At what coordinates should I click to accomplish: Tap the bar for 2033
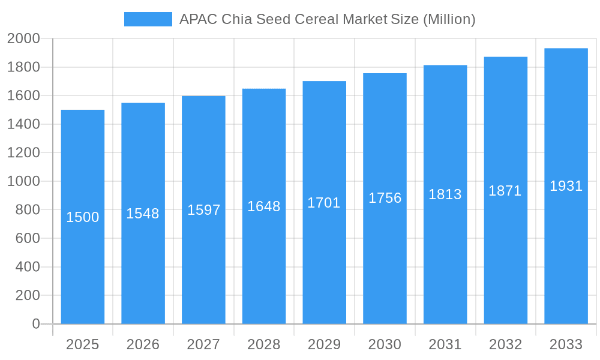tap(566, 252)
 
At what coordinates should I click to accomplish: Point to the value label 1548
tap(143, 214)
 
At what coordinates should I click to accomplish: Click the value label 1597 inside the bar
tap(203, 210)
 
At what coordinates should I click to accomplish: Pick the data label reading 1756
tap(385, 198)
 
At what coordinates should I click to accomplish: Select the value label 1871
tap(505, 191)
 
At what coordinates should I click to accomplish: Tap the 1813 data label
tap(445, 194)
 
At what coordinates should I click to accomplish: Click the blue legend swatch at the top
tap(148, 19)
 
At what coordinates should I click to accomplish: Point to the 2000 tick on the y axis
tap(23, 39)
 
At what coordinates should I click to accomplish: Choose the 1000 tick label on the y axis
tap(23, 181)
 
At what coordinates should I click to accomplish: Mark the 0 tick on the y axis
tap(35, 324)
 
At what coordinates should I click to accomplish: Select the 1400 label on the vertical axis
tap(23, 124)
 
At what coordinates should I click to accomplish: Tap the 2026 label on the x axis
tap(143, 344)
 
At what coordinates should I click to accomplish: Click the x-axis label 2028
tap(264, 344)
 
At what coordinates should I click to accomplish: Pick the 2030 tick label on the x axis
tap(385, 344)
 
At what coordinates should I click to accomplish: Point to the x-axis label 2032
tap(505, 344)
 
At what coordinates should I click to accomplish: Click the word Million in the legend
tap(449, 19)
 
